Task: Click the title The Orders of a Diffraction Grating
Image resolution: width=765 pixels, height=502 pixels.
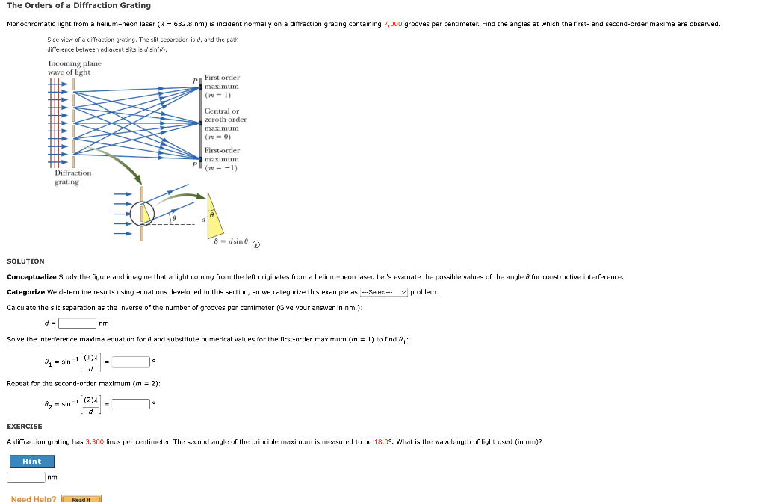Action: tap(78, 5)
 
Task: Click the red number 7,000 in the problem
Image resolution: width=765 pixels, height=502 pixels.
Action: tap(393, 24)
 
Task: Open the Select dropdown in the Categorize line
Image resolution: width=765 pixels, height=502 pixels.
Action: tap(384, 292)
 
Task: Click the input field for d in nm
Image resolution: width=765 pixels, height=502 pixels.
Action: tap(78, 323)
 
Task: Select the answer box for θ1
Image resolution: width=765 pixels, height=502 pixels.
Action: tap(131, 362)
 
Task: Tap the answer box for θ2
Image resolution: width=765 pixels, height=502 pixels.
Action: tap(131, 404)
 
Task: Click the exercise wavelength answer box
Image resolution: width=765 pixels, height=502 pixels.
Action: tap(26, 477)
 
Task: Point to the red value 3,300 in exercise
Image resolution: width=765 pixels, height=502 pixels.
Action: tap(95, 441)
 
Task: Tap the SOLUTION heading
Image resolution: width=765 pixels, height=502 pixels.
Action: tap(25, 261)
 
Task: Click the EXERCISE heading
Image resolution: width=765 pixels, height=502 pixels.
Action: tap(25, 427)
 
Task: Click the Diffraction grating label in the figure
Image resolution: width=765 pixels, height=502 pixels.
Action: tap(73, 177)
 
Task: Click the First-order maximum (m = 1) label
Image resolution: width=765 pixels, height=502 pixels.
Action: tap(222, 86)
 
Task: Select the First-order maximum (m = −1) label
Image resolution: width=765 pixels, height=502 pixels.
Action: tap(222, 159)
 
